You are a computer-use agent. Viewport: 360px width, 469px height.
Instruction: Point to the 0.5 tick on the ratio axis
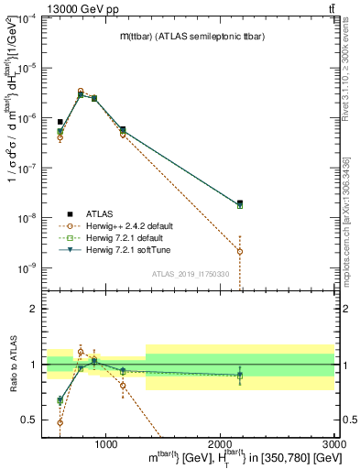[x=29, y=420]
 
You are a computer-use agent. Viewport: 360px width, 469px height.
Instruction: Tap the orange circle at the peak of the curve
[x=81, y=92]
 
